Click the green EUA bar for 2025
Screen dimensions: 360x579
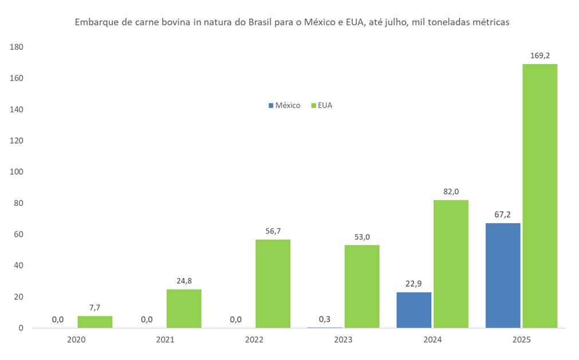point(540,196)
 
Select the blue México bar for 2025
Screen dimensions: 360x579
point(503,275)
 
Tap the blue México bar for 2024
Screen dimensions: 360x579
point(413,310)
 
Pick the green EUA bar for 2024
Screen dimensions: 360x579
point(451,264)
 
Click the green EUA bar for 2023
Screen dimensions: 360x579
point(362,286)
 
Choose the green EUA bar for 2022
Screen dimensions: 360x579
point(273,283)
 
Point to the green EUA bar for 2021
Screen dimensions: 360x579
point(184,308)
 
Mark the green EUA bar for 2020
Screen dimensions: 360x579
point(95,322)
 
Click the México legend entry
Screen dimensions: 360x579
point(284,105)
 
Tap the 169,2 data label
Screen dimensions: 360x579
point(540,56)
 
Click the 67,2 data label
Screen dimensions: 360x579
point(503,215)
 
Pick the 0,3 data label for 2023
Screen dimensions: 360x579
point(325,319)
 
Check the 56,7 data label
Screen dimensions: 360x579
point(273,231)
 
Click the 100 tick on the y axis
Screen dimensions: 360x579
point(17,172)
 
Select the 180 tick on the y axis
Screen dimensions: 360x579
point(17,47)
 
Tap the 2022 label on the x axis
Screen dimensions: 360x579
point(254,339)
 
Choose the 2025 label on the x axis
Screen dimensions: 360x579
point(521,339)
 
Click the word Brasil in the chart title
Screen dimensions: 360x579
point(261,23)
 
